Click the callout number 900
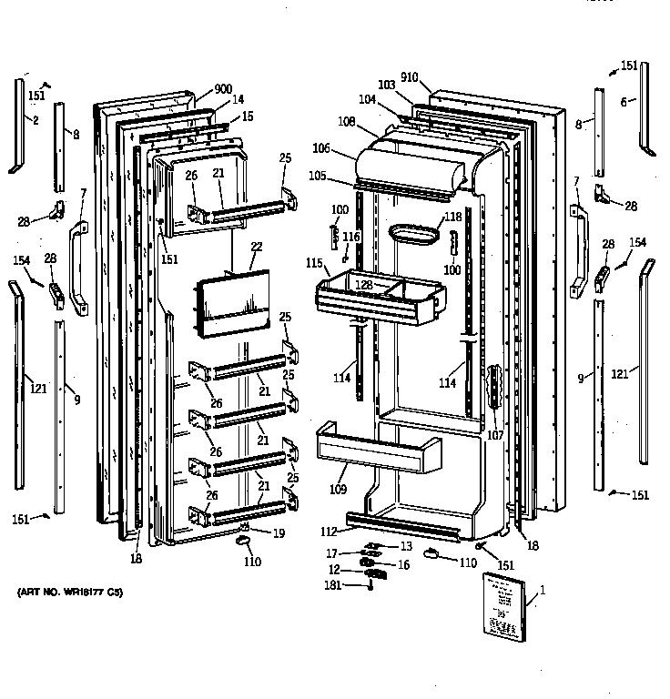coord(224,89)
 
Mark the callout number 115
coord(314,263)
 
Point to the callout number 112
coord(329,532)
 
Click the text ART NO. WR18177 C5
coord(69,593)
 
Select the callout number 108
coord(347,120)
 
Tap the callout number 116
coord(351,237)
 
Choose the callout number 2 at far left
coord(36,121)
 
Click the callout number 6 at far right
coord(624,103)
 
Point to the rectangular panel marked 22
coord(231,299)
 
